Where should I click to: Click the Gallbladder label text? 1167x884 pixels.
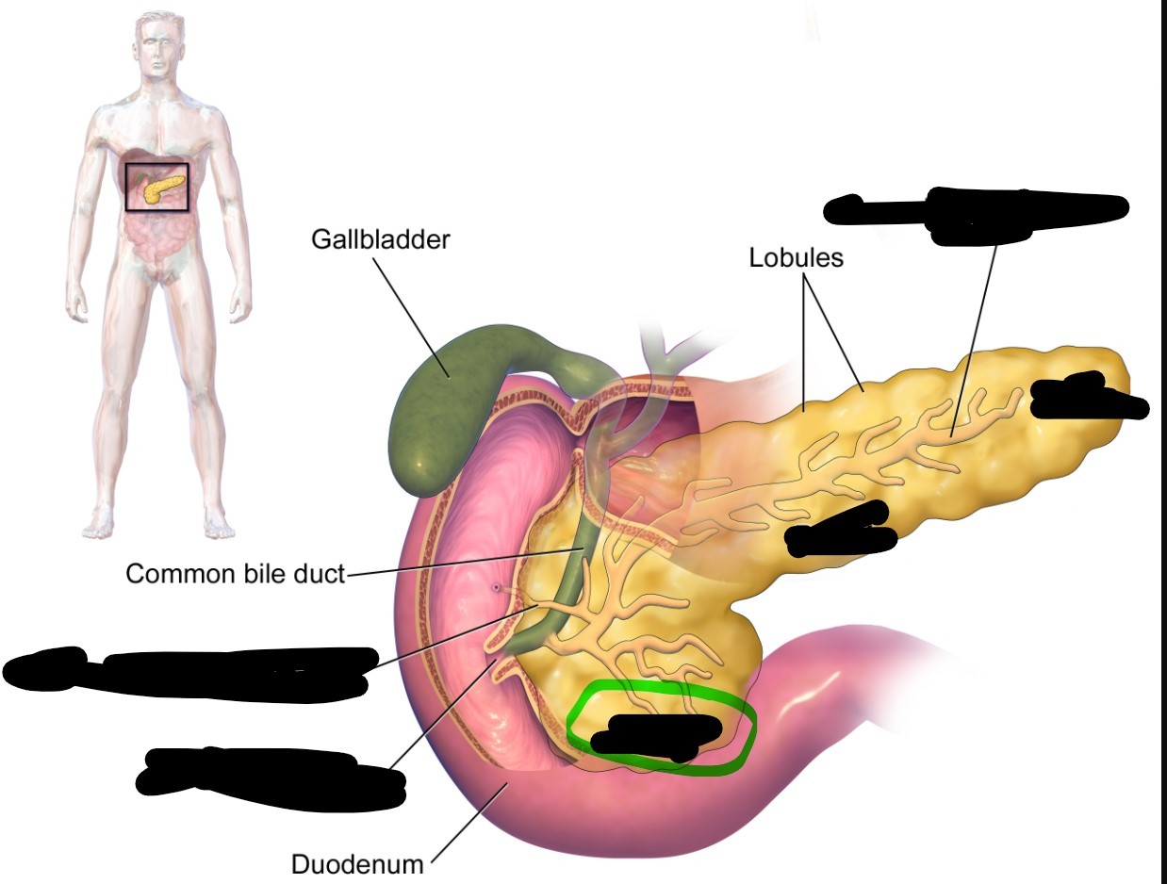pyautogui.click(x=381, y=239)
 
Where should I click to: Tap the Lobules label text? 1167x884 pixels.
pyautogui.click(x=796, y=257)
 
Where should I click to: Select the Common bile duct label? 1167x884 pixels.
pyautogui.click(x=236, y=573)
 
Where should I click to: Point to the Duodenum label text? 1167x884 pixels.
pyautogui.click(x=357, y=863)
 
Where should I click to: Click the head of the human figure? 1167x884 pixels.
pyautogui.click(x=157, y=42)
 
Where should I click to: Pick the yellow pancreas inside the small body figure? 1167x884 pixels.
pyautogui.click(x=158, y=189)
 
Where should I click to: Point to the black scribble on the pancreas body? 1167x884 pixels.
pyautogui.click(x=839, y=528)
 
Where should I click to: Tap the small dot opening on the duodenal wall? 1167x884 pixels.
pyautogui.click(x=496, y=588)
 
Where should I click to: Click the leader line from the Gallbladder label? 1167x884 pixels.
pyautogui.click(x=404, y=303)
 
